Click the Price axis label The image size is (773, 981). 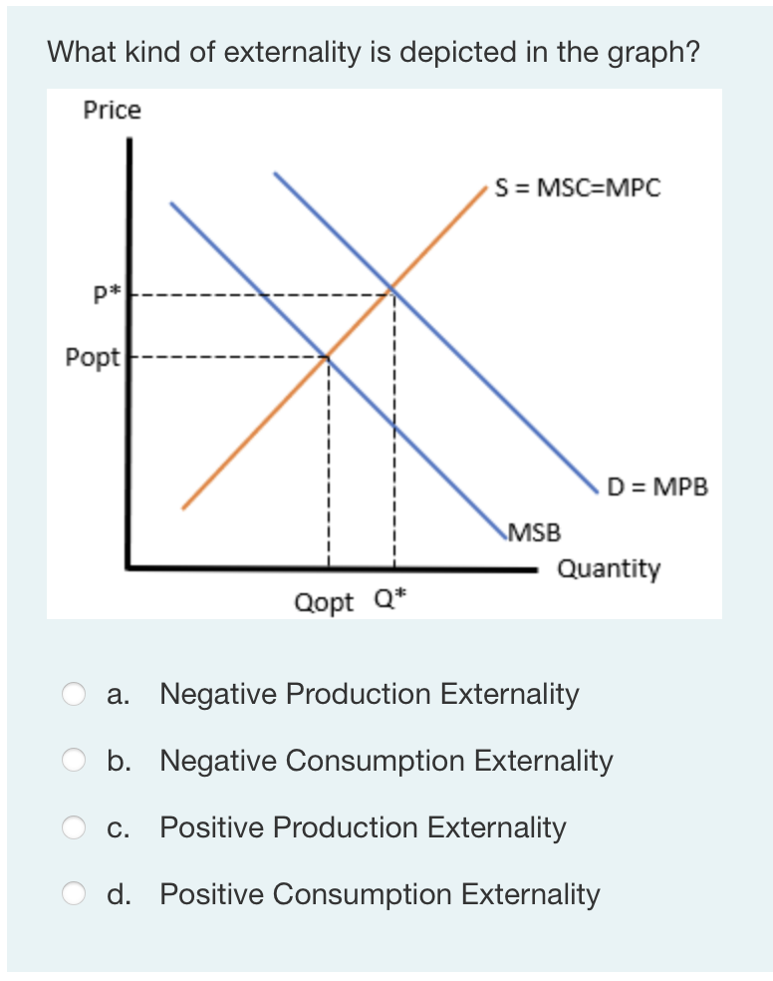(112, 111)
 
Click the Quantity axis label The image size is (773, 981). (608, 569)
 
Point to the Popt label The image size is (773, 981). (92, 356)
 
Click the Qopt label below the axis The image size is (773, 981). (324, 602)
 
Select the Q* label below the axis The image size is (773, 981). (391, 599)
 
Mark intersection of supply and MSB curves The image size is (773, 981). (328, 356)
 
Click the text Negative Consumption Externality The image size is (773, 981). (386, 762)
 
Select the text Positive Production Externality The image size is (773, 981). (363, 828)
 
